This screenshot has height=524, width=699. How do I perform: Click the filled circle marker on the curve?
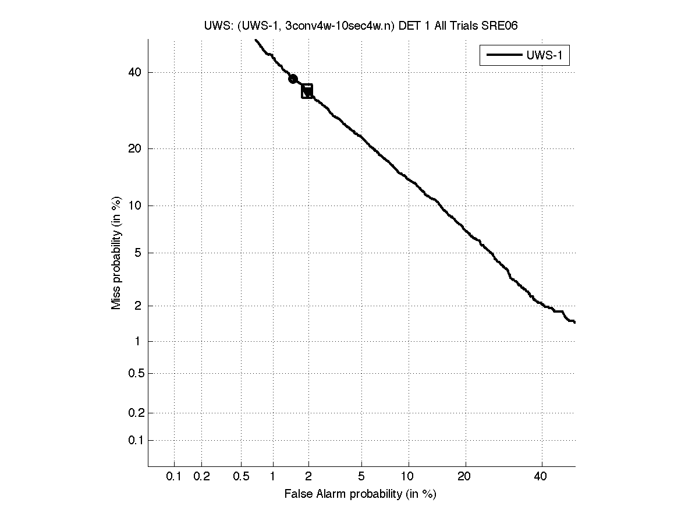tap(293, 79)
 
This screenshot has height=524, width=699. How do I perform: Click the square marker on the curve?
tap(307, 91)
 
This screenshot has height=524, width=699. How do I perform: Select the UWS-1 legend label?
tap(547, 55)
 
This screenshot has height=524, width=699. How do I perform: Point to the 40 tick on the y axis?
tap(135, 72)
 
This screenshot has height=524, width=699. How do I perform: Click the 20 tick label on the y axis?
tap(135, 148)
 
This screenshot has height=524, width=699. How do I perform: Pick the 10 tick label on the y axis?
tap(135, 206)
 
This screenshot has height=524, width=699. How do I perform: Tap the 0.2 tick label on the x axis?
tap(201, 477)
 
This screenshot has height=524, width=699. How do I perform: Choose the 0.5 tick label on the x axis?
tap(241, 477)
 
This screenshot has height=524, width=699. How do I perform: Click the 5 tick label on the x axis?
tap(361, 477)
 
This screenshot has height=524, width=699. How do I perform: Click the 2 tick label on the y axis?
tap(138, 306)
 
